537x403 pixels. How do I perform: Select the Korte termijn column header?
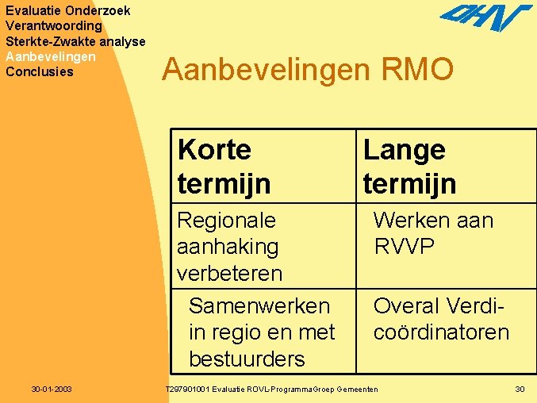224,166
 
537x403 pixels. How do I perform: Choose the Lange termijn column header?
409,166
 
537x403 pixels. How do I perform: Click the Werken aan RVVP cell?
433,232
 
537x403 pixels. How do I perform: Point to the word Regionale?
226,220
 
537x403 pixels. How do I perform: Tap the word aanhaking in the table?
228,246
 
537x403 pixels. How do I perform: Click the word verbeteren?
229,273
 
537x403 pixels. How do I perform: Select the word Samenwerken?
259,305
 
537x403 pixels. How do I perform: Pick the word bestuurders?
247,359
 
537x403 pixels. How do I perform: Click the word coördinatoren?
441,332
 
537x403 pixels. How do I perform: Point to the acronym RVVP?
404,246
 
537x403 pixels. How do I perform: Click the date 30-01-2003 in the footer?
52,389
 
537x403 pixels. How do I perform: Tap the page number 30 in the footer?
520,389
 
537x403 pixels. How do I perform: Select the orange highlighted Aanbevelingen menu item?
50,56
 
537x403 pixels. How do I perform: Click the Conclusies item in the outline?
39,71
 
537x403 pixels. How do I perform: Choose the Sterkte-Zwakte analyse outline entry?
75,41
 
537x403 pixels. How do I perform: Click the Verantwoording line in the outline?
53,26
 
